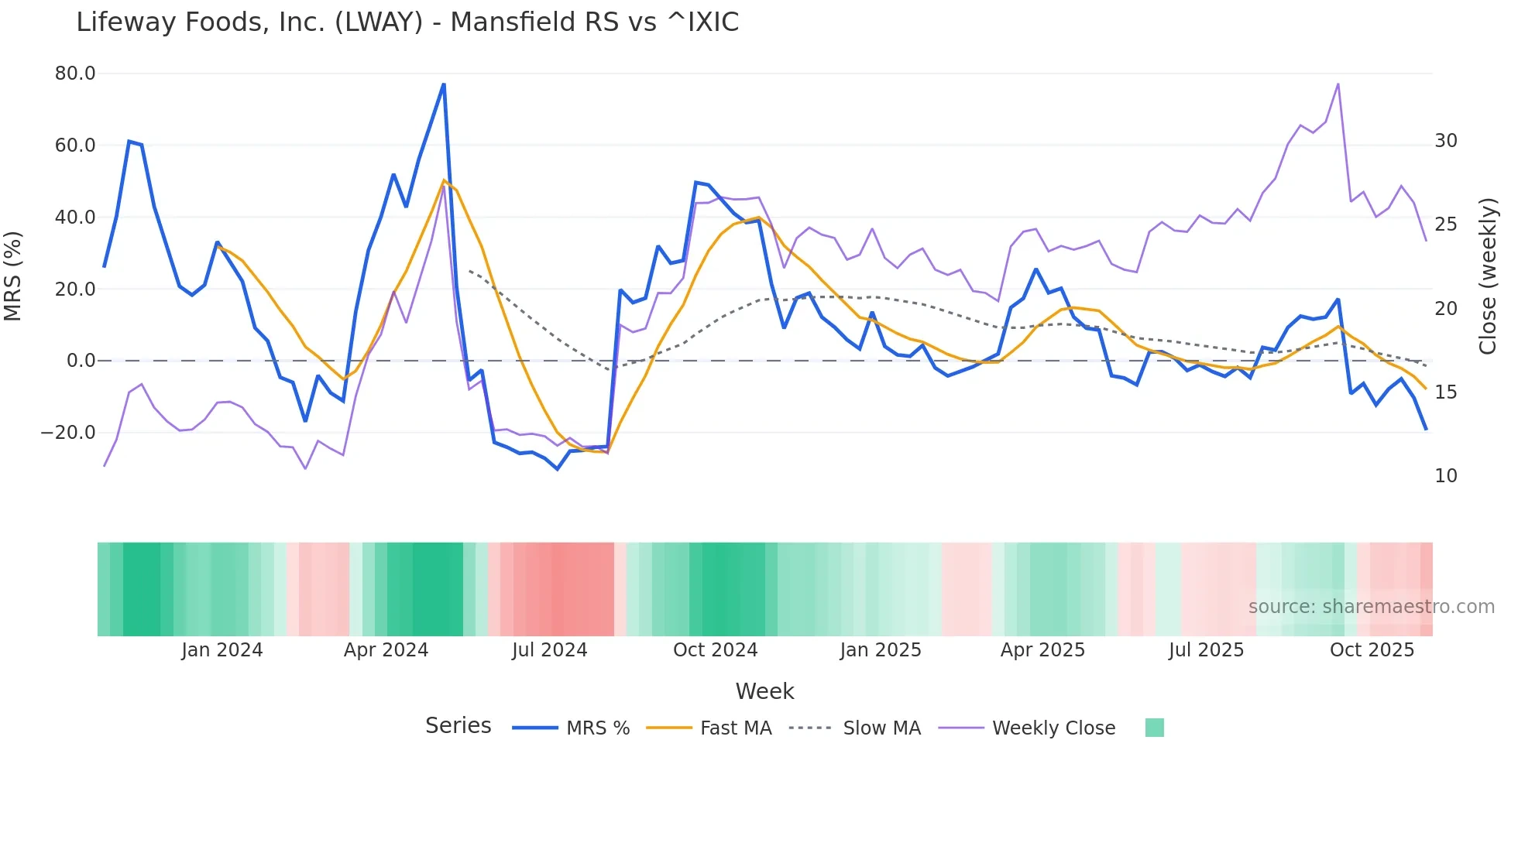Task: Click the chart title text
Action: (407, 22)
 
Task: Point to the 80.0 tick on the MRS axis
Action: (75, 74)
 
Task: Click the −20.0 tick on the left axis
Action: (68, 433)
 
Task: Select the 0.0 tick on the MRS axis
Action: (81, 361)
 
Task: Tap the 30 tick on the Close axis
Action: (1445, 141)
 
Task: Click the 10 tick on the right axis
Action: (1445, 476)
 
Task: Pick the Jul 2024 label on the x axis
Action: (549, 650)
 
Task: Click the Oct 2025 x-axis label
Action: (1372, 650)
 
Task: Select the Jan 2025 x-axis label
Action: (881, 650)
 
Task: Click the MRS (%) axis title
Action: (13, 276)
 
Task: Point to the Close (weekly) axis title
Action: (1488, 276)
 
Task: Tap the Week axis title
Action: (764, 691)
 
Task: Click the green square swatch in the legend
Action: (1154, 728)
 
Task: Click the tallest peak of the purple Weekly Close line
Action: (1338, 84)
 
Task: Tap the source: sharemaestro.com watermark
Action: (1371, 607)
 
